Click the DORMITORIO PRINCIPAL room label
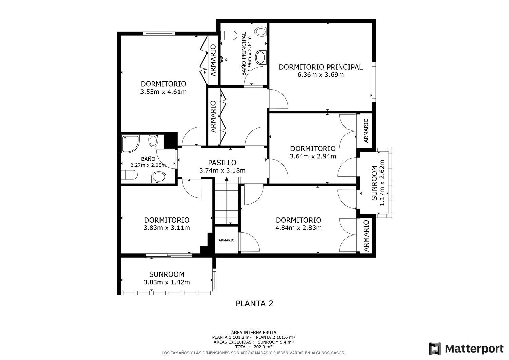[x=320, y=67]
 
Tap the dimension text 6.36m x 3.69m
[x=320, y=75]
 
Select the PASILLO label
[x=222, y=163]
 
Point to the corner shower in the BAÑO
[x=130, y=144]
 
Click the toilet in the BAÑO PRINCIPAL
[x=228, y=35]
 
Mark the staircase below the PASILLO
[x=227, y=201]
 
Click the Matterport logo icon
[x=435, y=348]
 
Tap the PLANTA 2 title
[x=254, y=304]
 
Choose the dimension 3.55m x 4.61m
[x=163, y=92]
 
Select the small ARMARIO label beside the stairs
[x=227, y=240]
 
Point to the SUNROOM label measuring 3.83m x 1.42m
[x=167, y=274]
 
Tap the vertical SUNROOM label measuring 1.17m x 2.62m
[x=374, y=183]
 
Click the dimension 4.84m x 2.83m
[x=298, y=228]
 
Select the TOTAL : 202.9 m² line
[x=254, y=347]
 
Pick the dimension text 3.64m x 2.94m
[x=313, y=156]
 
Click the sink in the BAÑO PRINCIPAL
[x=261, y=57]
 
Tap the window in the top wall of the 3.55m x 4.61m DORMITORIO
[x=159, y=34]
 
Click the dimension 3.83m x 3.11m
[x=167, y=228]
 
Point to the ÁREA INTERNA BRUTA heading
[x=253, y=333]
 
